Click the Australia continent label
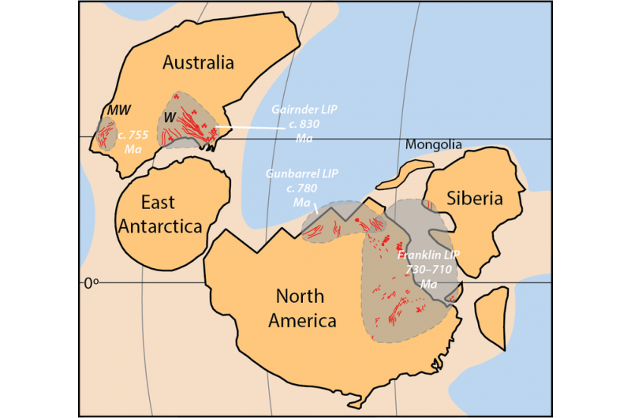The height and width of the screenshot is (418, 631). pos(198,62)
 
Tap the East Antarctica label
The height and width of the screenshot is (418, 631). pos(160,214)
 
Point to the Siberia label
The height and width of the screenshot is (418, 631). pos(476,199)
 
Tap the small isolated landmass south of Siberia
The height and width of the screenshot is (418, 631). pos(494,313)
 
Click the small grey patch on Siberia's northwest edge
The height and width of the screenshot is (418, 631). pos(431,206)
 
